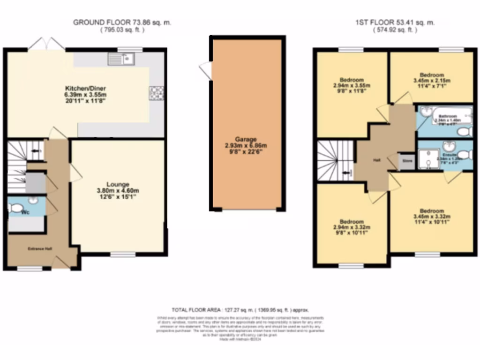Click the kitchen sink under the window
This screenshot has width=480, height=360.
pyautogui.click(x=121, y=59)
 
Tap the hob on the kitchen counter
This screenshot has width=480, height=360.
pyautogui.click(x=157, y=93)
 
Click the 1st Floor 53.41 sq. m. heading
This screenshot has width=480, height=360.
pyautogui.click(x=395, y=22)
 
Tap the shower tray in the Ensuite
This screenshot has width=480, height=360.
pyautogui.click(x=427, y=158)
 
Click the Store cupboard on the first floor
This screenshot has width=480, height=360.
pyautogui.click(x=407, y=161)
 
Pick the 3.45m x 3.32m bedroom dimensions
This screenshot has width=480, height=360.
pyautogui.click(x=431, y=217)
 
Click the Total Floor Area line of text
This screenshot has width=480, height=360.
pyautogui.click(x=240, y=310)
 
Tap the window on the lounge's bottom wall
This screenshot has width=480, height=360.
pyautogui.click(x=123, y=255)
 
